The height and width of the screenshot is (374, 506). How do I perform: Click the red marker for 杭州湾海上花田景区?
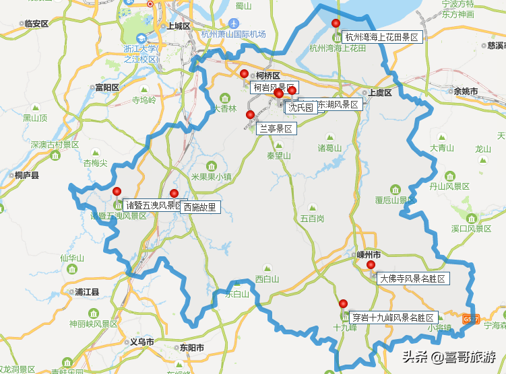pos(336,24)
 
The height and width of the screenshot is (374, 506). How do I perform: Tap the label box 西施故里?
pos(200,207)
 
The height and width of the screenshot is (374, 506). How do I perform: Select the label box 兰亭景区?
pos(276,128)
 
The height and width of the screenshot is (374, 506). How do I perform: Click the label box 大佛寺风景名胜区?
pos(412,278)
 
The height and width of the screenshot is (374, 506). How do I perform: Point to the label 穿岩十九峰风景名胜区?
pos(393,317)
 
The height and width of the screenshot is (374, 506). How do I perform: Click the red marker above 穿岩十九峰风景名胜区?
pos(343,303)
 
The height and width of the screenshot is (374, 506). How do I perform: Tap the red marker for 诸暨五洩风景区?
pos(117,191)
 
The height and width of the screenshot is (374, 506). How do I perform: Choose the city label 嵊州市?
pos(369,255)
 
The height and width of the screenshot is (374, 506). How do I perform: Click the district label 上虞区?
pos(379,93)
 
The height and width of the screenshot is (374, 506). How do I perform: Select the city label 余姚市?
pos(466,91)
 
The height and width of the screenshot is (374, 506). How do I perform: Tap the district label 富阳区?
pos(106,87)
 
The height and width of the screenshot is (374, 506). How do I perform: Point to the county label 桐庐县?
pos(27,175)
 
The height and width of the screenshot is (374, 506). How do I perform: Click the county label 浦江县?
pos(87,292)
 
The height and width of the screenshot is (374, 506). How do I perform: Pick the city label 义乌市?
pos(142,342)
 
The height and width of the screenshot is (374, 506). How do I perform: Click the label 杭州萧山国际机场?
pos(234,34)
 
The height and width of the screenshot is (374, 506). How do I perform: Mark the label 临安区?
pos(36,24)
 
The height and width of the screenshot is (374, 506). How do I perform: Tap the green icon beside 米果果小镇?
pos(212,166)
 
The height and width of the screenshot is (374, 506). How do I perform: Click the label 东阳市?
pos(191,347)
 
